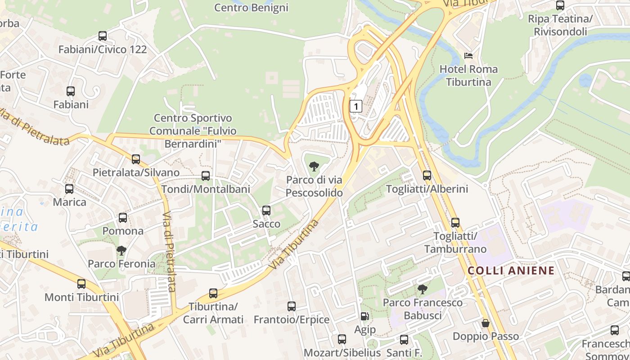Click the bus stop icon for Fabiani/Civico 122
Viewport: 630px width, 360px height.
coord(103,36)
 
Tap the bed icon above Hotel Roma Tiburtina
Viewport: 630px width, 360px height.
coord(468,56)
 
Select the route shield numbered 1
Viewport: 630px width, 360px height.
coord(356,106)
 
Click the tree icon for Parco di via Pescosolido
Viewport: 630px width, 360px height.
coord(314,166)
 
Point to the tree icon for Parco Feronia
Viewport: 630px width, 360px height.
coord(121,250)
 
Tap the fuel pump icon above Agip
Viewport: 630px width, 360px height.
coord(364,316)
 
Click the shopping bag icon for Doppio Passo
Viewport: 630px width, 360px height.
coord(486,323)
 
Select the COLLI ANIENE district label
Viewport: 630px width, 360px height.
coord(511,270)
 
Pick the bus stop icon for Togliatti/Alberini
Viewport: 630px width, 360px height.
coord(427,175)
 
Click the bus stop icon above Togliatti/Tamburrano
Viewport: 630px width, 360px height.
coord(455,222)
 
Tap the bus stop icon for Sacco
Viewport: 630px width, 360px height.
coord(266,210)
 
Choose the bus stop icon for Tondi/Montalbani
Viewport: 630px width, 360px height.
coord(206,175)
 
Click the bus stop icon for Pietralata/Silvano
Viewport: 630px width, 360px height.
coord(136,159)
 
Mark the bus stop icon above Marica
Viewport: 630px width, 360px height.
coord(69,189)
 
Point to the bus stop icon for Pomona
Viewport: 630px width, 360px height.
coord(123,218)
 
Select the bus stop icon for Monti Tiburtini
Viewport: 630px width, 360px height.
coord(81,283)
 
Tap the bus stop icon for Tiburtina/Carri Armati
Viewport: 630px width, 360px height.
coord(213,293)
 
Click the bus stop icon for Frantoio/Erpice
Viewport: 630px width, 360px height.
coord(292,306)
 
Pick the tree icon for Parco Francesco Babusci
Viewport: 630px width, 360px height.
coord(422,289)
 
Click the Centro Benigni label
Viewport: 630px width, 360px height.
coord(251,8)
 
